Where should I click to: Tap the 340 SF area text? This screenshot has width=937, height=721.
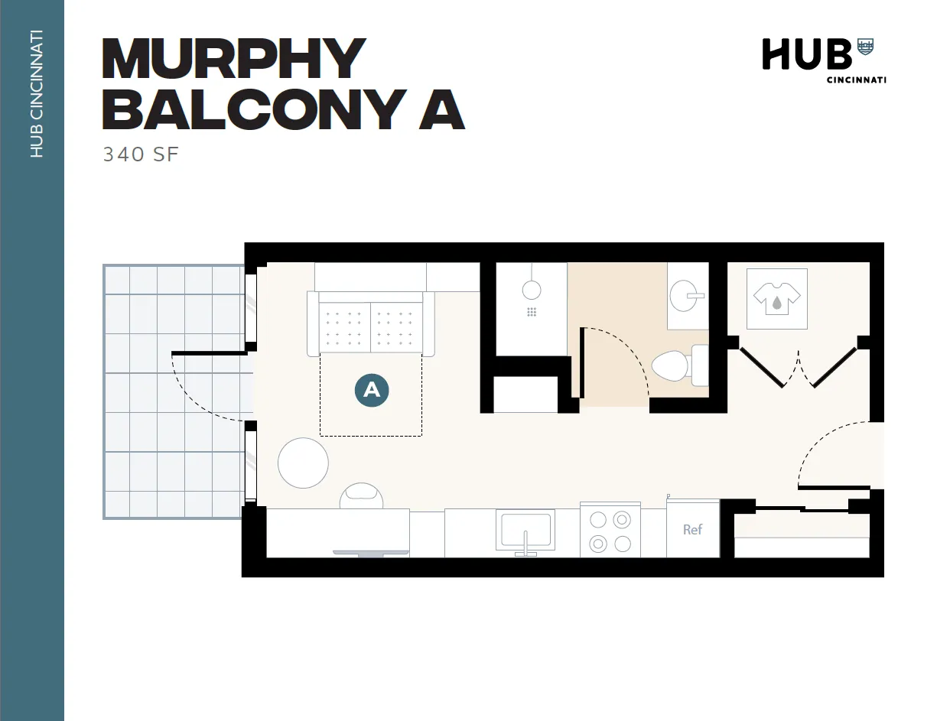tap(141, 154)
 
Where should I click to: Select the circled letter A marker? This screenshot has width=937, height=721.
tap(372, 390)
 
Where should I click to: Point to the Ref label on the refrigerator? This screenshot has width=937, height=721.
tap(692, 529)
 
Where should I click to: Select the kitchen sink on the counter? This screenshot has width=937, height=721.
tap(525, 530)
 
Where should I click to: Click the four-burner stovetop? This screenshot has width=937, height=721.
tap(610, 531)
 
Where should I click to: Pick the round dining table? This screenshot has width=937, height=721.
tap(303, 463)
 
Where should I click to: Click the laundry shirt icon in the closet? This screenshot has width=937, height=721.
tap(776, 298)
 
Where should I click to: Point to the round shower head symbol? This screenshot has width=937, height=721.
tap(532, 290)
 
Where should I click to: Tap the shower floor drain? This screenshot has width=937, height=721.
tap(532, 312)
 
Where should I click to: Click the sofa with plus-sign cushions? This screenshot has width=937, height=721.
tap(371, 324)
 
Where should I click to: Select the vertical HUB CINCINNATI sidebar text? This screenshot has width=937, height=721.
tap(36, 93)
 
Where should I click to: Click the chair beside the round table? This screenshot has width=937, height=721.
tap(362, 495)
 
